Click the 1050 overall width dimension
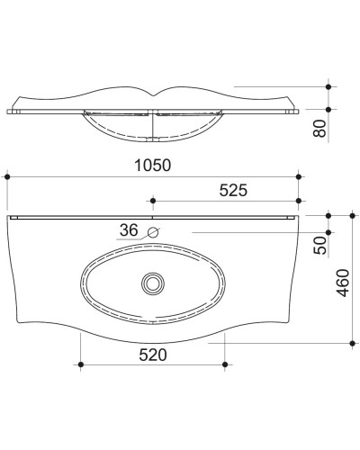click(152, 166)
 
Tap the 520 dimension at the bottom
click(153, 355)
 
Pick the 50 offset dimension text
click(318, 245)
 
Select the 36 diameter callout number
click(129, 230)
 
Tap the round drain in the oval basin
click(152, 283)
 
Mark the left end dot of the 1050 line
click(7, 177)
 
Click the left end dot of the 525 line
click(152, 202)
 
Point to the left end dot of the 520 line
click(81, 364)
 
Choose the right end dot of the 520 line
click(223, 364)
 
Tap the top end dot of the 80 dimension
click(328, 86)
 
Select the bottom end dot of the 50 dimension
click(328, 231)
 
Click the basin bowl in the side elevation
click(152, 128)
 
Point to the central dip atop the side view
click(152, 93)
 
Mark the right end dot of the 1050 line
click(298, 177)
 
